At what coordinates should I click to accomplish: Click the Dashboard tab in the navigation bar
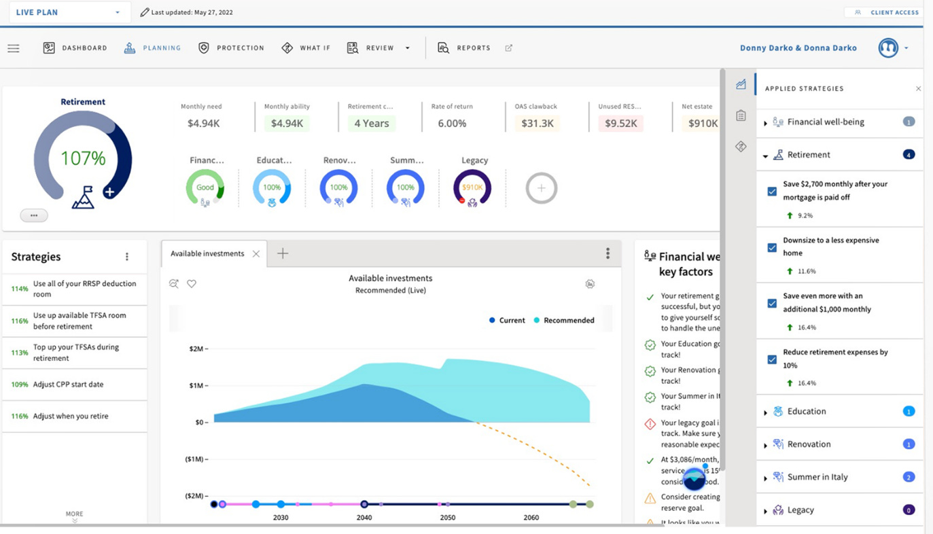pos(75,48)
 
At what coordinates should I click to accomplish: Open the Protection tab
pos(231,48)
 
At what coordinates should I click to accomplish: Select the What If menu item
pos(306,48)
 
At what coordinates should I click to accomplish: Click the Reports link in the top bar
pos(464,48)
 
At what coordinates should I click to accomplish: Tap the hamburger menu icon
pos(14,48)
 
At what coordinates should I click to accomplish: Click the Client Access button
pos(887,12)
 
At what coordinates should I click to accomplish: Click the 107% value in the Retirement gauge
pos(83,158)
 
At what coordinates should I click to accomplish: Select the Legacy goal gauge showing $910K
pos(472,188)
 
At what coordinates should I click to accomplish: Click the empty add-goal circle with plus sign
pos(541,188)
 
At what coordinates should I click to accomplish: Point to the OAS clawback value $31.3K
pos(537,123)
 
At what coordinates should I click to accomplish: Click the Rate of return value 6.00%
pos(452,123)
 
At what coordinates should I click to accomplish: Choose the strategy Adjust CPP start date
pos(68,385)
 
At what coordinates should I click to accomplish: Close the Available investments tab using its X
pos(256,253)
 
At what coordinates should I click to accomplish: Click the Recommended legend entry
pos(564,320)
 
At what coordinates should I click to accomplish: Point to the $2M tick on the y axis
pos(196,349)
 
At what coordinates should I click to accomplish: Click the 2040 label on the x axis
pos(364,517)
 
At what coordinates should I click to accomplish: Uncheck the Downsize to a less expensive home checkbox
pos(772,247)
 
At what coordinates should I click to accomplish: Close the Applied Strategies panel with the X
pos(918,88)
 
